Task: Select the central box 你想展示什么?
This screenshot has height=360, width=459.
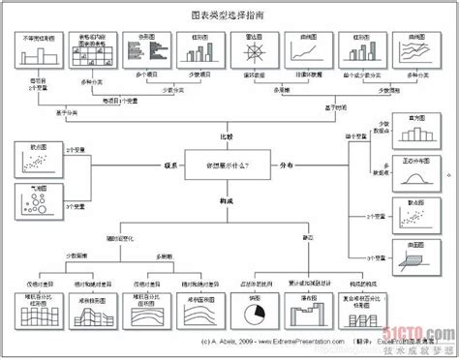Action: click(x=229, y=165)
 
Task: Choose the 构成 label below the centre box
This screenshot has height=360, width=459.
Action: click(x=229, y=201)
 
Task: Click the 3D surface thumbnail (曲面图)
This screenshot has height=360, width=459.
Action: click(x=414, y=254)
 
